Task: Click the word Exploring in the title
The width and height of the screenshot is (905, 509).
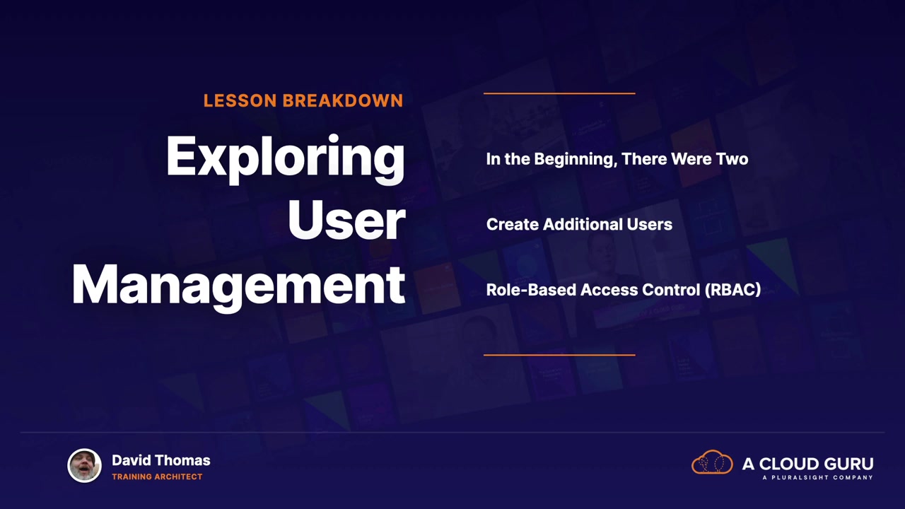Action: (x=285, y=158)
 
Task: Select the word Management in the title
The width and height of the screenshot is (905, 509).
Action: (x=238, y=287)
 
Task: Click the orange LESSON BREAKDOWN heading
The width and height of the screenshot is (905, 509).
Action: (x=303, y=100)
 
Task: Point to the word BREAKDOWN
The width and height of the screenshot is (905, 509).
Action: (x=343, y=100)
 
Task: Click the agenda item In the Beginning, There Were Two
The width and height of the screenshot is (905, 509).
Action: (x=617, y=159)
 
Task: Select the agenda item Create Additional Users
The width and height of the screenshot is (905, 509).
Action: (x=579, y=224)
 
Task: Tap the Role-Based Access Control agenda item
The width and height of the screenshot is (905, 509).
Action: (x=624, y=290)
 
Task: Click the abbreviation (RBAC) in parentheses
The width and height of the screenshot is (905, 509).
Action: (x=732, y=290)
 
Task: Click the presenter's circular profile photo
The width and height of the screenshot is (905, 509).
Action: (x=84, y=465)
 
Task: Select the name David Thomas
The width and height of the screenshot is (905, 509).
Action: (x=160, y=460)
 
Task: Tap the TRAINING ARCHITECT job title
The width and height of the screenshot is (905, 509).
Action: (x=157, y=476)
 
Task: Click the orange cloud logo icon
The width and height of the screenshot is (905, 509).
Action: (x=712, y=462)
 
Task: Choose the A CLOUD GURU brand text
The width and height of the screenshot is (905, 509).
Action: (x=807, y=464)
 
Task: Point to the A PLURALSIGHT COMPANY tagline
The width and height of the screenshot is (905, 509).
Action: (x=818, y=477)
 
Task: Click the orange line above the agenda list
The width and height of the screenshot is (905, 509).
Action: (x=559, y=93)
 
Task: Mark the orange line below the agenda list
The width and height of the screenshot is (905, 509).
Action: (x=559, y=355)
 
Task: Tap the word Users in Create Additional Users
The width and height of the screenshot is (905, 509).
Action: (x=649, y=224)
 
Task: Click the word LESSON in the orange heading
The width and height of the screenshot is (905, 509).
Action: (x=240, y=100)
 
